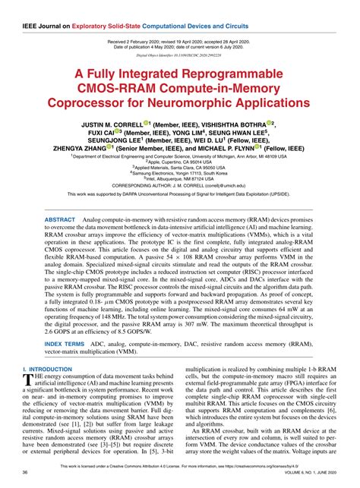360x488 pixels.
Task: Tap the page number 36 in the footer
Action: (x=27, y=472)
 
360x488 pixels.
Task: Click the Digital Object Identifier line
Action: (x=179, y=55)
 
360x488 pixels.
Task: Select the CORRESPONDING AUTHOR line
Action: (x=179, y=184)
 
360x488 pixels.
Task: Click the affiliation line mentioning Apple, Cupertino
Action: (x=179, y=163)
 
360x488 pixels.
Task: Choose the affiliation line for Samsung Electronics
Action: (x=179, y=174)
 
